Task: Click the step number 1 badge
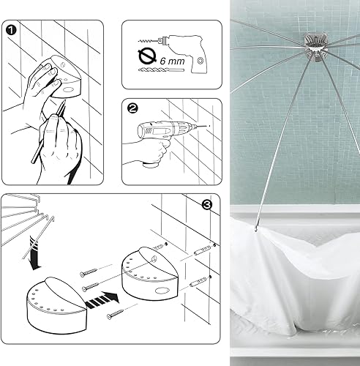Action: (x=11, y=30)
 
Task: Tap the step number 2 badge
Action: (x=132, y=108)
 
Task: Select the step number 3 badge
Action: (x=207, y=205)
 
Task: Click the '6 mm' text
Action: (x=172, y=61)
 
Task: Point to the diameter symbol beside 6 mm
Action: (x=147, y=56)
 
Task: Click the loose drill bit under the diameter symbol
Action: (x=161, y=70)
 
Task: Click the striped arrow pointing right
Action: (x=102, y=300)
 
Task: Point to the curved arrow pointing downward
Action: (x=34, y=254)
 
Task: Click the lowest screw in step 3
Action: (x=116, y=315)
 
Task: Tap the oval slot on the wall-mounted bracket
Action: (x=161, y=291)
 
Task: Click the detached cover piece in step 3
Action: (x=57, y=305)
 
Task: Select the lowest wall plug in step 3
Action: (x=198, y=283)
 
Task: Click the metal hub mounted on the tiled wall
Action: (x=315, y=48)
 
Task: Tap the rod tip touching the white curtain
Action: (x=256, y=229)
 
